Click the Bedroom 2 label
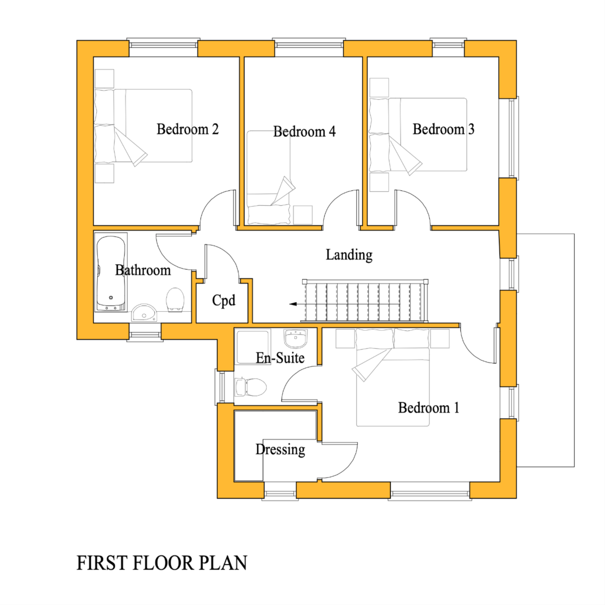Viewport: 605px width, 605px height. pyautogui.click(x=187, y=129)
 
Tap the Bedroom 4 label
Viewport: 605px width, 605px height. pyautogui.click(x=304, y=131)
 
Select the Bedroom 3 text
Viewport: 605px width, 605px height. pyautogui.click(x=443, y=129)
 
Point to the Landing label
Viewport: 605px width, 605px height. pyautogui.click(x=349, y=255)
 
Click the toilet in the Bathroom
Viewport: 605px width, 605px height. pyautogui.click(x=175, y=299)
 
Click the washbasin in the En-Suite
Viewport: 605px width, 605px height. pyautogui.click(x=295, y=338)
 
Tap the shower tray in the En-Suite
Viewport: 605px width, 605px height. pyautogui.click(x=252, y=346)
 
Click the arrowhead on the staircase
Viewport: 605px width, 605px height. pyautogui.click(x=293, y=304)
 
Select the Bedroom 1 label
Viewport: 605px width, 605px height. pyautogui.click(x=428, y=408)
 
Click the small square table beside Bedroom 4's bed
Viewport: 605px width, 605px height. pyautogui.click(x=303, y=215)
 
